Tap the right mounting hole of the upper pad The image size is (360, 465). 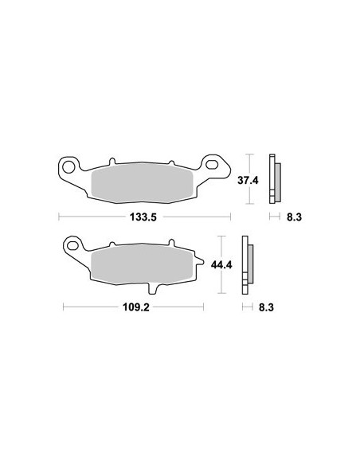[214, 166]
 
